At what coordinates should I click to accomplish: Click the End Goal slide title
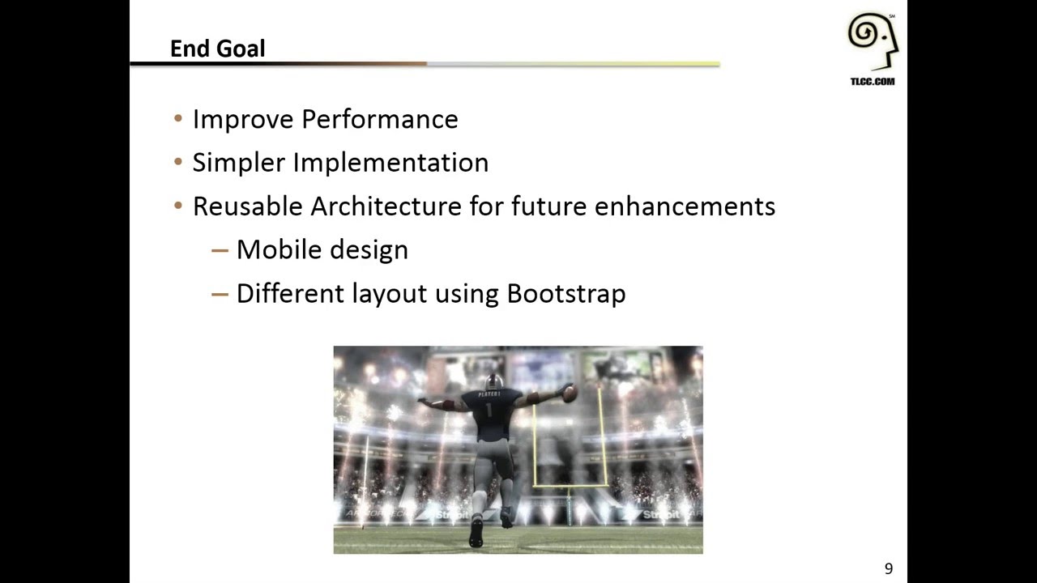tap(217, 49)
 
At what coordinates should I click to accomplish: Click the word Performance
tap(379, 120)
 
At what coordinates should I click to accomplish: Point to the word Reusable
tap(247, 206)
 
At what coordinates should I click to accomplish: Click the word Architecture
tap(386, 206)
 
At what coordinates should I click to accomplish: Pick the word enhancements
tap(685, 206)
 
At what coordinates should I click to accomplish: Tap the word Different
tap(290, 293)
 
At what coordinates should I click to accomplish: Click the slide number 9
tap(889, 569)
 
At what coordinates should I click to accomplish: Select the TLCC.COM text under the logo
tap(873, 82)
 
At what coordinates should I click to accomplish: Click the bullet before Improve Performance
tap(178, 119)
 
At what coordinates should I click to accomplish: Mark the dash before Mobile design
tap(220, 250)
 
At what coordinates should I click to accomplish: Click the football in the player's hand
tap(569, 394)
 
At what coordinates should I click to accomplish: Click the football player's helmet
tap(493, 381)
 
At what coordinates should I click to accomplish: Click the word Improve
tap(243, 120)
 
